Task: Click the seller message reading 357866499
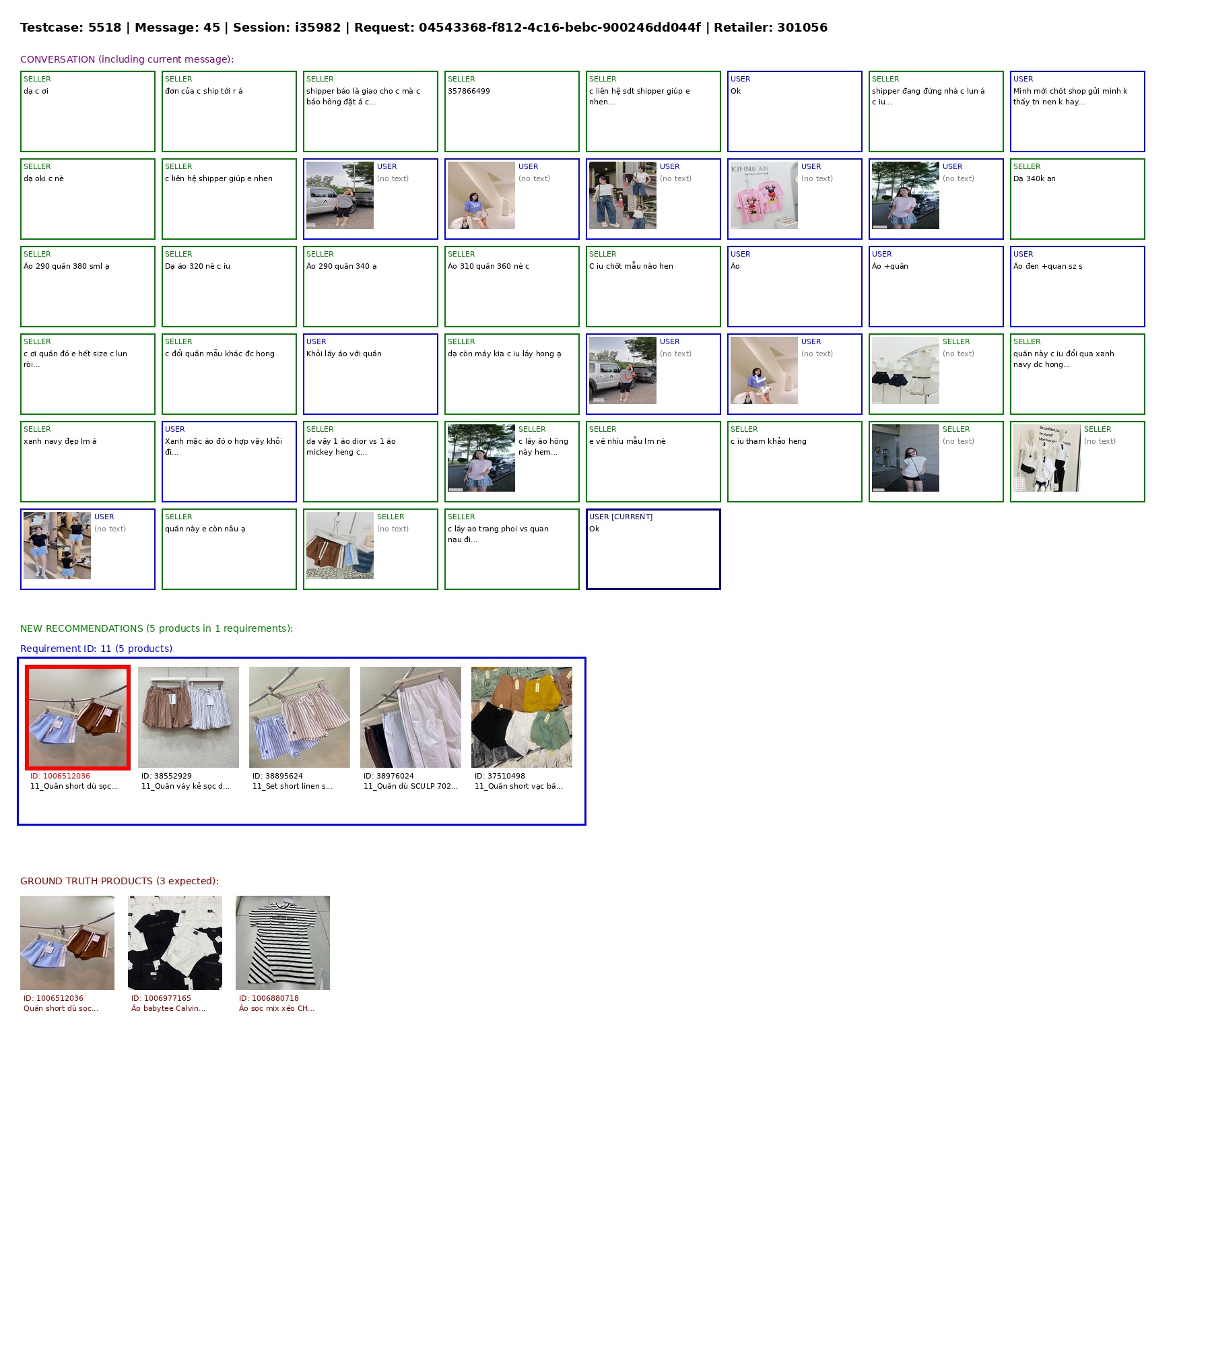tap(469, 91)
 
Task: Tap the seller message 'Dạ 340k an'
tap(1034, 178)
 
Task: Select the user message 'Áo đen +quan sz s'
tap(1048, 266)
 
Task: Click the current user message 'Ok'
tap(595, 529)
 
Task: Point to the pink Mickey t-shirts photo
tap(764, 195)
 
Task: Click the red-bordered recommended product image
tap(77, 717)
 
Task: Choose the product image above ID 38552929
tap(189, 717)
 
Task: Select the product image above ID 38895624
tap(300, 717)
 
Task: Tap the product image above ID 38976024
tap(411, 717)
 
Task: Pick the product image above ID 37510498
tap(522, 717)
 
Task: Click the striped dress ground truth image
tap(283, 943)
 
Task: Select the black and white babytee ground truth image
tap(175, 943)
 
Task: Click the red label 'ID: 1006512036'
tap(60, 776)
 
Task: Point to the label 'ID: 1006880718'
tap(269, 998)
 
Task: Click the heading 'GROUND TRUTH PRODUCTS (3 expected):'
tap(120, 881)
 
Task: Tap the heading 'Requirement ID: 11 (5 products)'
tap(96, 649)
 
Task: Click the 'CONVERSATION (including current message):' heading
tap(127, 59)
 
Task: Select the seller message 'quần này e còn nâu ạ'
tap(205, 529)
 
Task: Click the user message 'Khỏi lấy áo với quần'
tap(344, 354)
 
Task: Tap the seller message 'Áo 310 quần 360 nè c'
tap(489, 266)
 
